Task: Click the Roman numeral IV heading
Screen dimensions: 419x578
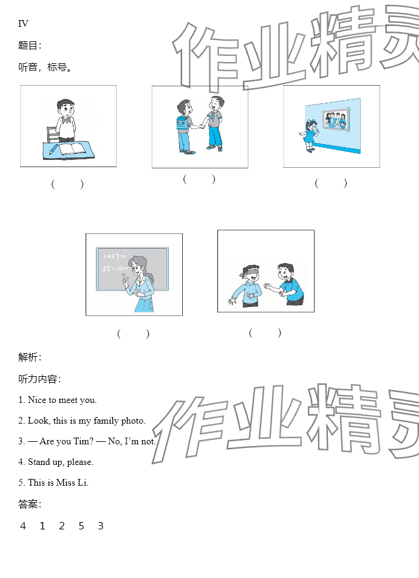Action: click(23, 24)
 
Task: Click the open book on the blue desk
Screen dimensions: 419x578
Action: click(72, 149)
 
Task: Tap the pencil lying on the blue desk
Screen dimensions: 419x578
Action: click(53, 149)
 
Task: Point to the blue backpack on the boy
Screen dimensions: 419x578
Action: click(182, 124)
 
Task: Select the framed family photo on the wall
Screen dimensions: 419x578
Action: click(336, 119)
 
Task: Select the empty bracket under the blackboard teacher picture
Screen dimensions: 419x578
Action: click(133, 334)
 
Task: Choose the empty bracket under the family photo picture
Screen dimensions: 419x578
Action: click(331, 183)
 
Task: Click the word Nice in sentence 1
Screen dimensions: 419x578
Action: click(37, 400)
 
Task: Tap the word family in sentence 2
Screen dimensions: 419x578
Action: click(106, 421)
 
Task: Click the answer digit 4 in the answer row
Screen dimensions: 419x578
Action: click(23, 526)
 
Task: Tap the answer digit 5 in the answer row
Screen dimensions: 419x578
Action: click(81, 526)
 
